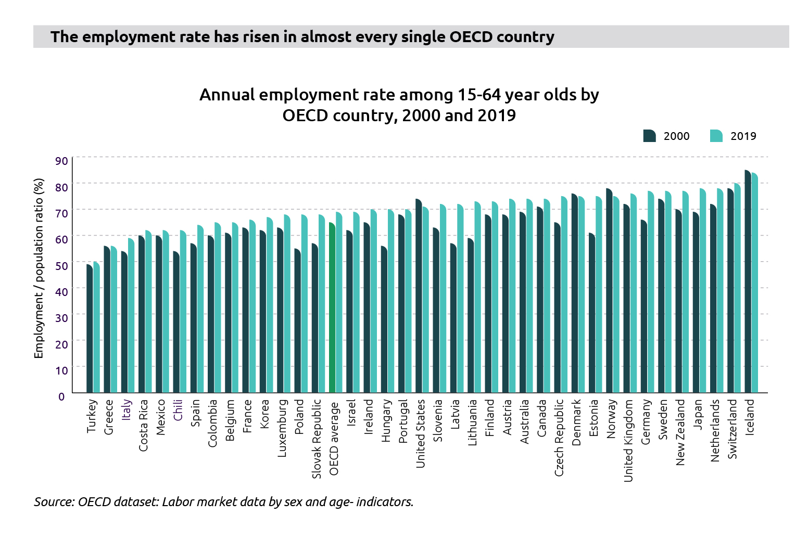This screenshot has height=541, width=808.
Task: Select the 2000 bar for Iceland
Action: click(x=748, y=281)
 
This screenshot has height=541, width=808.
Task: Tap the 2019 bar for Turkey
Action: click(x=96, y=327)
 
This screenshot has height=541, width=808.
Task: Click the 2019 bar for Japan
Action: click(x=703, y=291)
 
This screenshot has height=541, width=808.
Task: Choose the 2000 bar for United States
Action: click(x=419, y=296)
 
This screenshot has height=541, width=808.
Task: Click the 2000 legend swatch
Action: click(x=649, y=136)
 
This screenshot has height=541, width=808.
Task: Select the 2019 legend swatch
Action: click(x=716, y=136)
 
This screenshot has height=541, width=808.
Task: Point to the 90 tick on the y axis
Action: click(x=61, y=161)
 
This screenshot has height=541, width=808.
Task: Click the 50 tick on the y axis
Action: click(x=61, y=266)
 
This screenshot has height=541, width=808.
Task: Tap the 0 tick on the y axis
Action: click(x=61, y=396)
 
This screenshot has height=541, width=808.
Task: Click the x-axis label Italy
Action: click(x=127, y=409)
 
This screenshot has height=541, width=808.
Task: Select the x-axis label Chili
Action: click(x=178, y=410)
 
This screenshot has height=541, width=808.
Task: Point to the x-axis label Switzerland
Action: click(x=733, y=429)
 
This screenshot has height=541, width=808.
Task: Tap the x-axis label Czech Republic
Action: click(x=559, y=437)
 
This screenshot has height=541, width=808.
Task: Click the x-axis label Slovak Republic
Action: click(x=317, y=439)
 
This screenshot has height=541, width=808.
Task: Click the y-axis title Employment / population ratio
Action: click(x=39, y=268)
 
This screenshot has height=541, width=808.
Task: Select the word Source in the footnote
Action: click(x=54, y=502)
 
